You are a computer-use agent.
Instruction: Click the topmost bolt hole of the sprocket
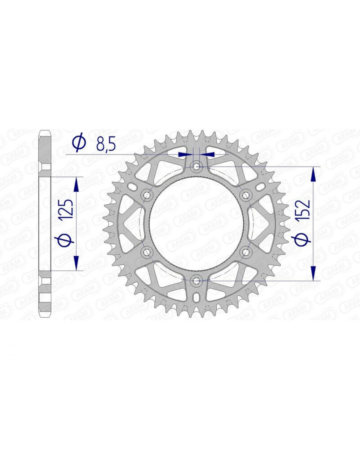pos(196,166)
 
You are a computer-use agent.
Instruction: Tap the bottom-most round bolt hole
pos(196,281)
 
